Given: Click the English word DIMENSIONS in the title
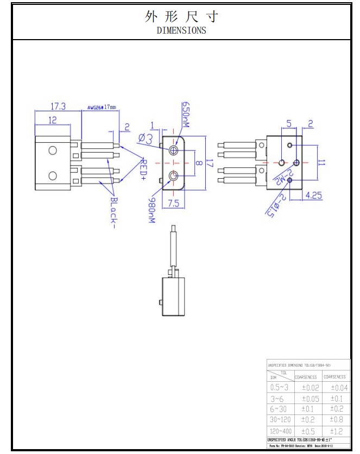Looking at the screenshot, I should click(181, 30).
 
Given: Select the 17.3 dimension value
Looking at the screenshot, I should click(58, 107).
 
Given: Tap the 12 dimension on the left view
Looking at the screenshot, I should click(53, 120).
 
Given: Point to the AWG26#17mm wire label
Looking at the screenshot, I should click(102, 108).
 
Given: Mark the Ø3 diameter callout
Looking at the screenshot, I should click(145, 138).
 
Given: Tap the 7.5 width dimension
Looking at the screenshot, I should click(173, 204).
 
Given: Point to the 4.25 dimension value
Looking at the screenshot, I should click(314, 196).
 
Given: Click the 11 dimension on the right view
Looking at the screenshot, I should click(321, 162).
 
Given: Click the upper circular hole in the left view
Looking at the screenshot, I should click(53, 150).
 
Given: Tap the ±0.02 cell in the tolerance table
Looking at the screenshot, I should click(310, 388).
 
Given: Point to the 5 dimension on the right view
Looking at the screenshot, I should click(289, 124).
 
